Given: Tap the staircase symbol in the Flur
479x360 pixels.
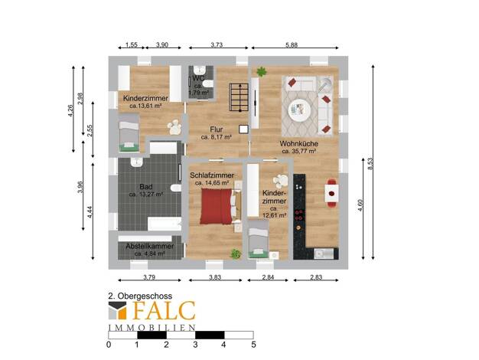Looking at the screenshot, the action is [x=239, y=98].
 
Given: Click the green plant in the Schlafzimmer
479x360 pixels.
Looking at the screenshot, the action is [x=235, y=254].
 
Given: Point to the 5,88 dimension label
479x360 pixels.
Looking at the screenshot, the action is [x=292, y=44].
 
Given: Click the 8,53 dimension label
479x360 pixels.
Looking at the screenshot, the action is [x=370, y=164].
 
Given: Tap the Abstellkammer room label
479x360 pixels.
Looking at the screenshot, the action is [x=150, y=246].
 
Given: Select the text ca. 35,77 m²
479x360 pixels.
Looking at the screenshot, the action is [x=298, y=151].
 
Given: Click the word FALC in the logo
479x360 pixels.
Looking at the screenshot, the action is [x=164, y=310].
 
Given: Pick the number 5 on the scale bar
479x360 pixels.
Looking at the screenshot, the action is [x=253, y=345].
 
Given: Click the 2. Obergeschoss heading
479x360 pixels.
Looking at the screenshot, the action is [x=140, y=296].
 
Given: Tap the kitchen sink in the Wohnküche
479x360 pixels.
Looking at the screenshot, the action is [x=324, y=254].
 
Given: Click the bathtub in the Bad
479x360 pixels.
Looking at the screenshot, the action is [x=165, y=224].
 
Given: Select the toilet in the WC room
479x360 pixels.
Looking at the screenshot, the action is [x=208, y=83].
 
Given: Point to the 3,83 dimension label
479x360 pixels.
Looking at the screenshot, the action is [x=215, y=277].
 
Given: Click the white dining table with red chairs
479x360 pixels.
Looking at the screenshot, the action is [x=331, y=193].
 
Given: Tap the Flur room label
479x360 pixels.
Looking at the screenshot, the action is [x=217, y=129].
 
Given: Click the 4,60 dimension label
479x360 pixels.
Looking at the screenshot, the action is [x=360, y=205].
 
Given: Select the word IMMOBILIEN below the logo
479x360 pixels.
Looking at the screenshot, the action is [x=152, y=328].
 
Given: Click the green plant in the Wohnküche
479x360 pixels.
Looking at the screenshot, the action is [x=262, y=72].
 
